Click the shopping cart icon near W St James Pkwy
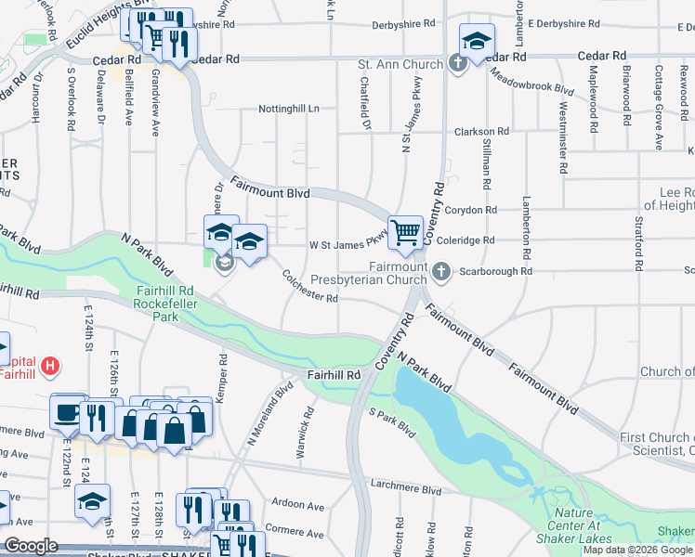405,232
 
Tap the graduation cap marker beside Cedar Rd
477,40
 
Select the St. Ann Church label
400,65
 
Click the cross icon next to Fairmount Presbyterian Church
441,272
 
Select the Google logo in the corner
32,546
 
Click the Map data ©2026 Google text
637,550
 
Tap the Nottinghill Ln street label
288,109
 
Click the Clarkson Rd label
480,133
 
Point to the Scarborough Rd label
500,272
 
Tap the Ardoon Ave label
298,506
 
